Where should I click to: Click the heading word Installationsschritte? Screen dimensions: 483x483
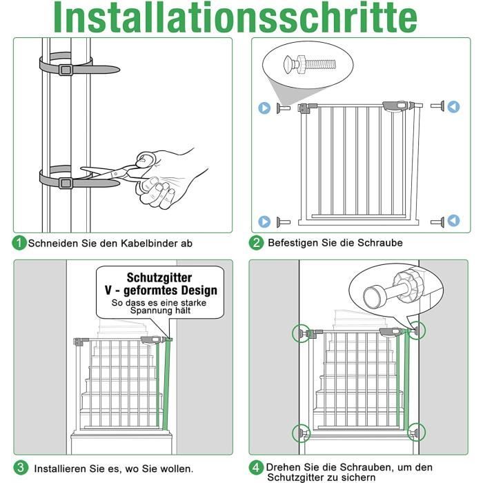click(x=235, y=17)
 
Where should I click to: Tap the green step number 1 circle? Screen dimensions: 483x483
click(x=19, y=243)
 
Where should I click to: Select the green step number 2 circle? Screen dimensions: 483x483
click(x=256, y=242)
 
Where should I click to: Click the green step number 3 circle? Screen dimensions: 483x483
click(x=20, y=468)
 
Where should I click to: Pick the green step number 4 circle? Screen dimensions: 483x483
click(x=256, y=467)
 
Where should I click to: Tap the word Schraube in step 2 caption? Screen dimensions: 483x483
click(x=379, y=243)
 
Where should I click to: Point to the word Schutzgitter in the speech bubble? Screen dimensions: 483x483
click(x=159, y=277)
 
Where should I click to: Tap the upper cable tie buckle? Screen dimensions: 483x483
click(x=66, y=70)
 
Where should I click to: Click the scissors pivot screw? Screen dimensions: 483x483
click(x=115, y=174)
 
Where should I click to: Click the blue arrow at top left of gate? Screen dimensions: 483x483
click(x=264, y=108)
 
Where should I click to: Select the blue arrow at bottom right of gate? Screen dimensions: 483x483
click(x=453, y=221)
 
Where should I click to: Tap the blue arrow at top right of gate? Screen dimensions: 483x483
click(x=453, y=107)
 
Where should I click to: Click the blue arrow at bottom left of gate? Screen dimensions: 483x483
click(x=264, y=221)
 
